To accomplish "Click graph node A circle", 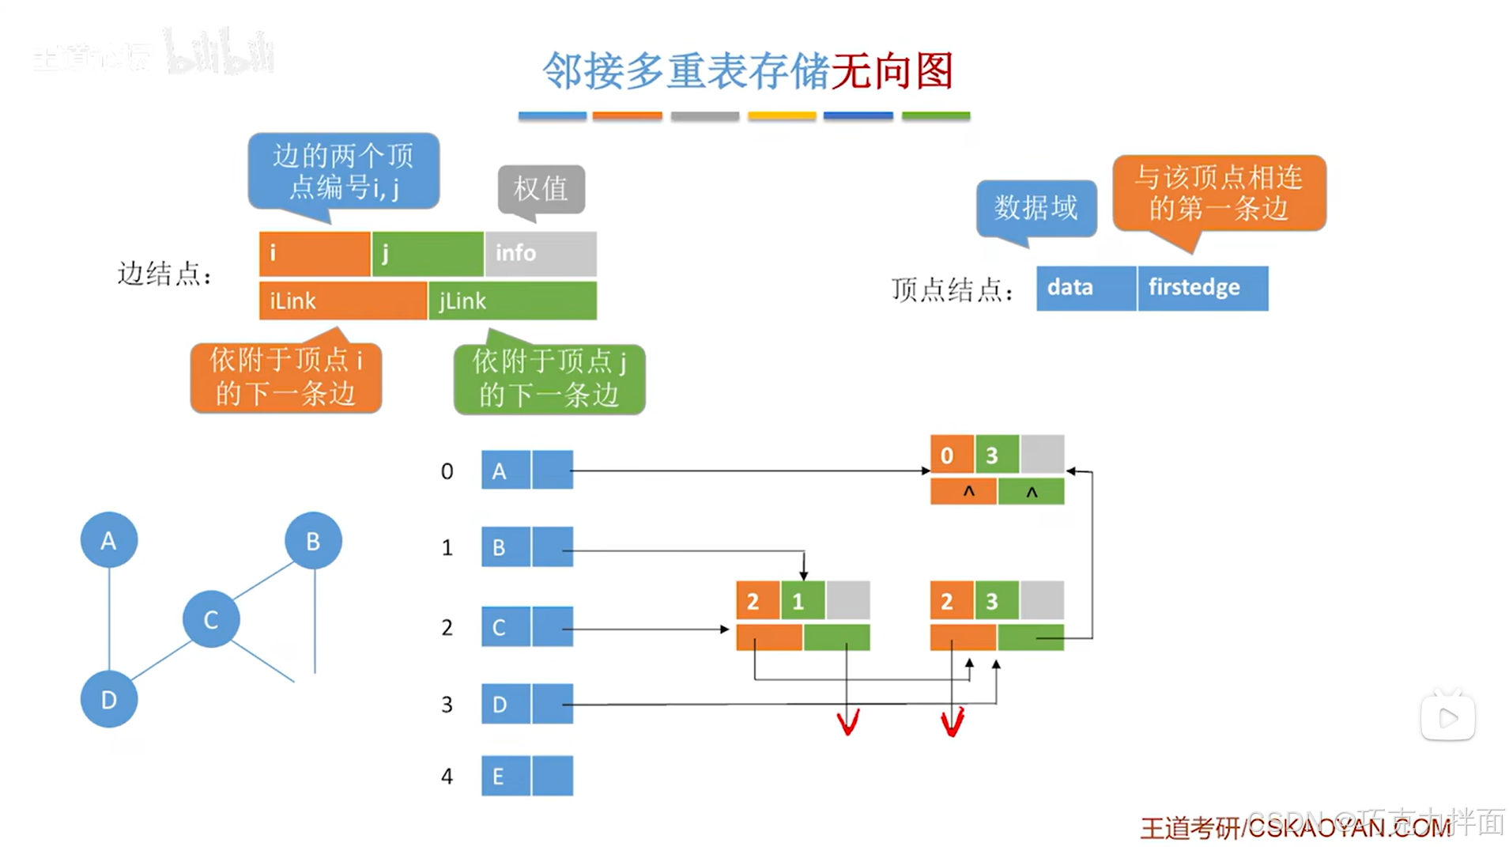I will coord(108,540).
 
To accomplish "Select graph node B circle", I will coord(313,541).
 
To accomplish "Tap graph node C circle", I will coord(210,619).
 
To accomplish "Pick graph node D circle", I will coord(108,699).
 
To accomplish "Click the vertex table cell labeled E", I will coord(505,776).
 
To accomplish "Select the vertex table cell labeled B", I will coord(505,547).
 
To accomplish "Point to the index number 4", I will coord(447,776).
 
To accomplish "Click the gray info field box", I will coord(541,253).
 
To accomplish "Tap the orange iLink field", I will coord(342,301).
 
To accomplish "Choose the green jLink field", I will coord(512,301).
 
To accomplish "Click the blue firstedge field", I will coord(1202,288).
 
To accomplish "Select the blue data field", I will coord(1085,288).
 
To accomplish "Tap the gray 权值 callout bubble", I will coord(541,188).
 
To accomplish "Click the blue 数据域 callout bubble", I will coord(1036,208).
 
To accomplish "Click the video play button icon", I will coord(1447,718).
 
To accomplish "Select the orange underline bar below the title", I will coord(627,116).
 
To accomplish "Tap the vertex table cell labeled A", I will coord(505,471).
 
